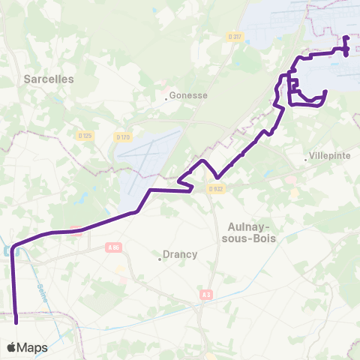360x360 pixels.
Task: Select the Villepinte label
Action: coord(327,158)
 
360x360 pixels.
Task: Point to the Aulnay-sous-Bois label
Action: coord(250,232)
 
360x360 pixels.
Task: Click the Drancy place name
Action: coord(181,254)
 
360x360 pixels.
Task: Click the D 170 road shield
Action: coord(124,136)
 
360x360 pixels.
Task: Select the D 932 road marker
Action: coord(215,189)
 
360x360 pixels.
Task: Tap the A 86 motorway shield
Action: coord(114,247)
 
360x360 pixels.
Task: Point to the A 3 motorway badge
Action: coord(206,295)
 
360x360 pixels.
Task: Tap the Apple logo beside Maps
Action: coord(11,347)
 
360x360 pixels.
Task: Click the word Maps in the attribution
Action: coord(32,347)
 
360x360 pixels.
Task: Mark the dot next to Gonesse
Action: coord(166,96)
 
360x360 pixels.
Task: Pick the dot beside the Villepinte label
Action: coord(306,158)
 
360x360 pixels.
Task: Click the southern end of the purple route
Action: coord(16,322)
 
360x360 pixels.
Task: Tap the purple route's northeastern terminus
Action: coord(346,37)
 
